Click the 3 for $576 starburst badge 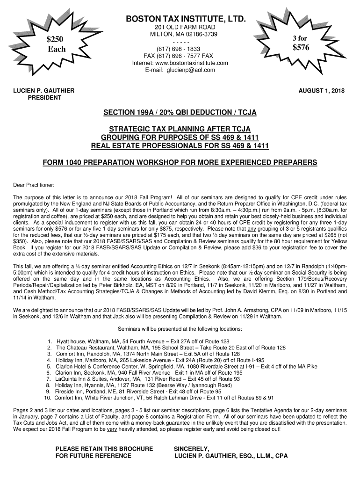tap(301, 43)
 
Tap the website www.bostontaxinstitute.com tap(193, 63)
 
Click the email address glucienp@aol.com tap(193, 70)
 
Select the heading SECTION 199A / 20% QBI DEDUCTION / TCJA tap(180, 113)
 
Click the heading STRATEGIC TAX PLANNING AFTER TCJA tap(180, 129)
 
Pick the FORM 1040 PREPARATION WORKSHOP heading tap(180, 162)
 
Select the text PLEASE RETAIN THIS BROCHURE tap(104, 449)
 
